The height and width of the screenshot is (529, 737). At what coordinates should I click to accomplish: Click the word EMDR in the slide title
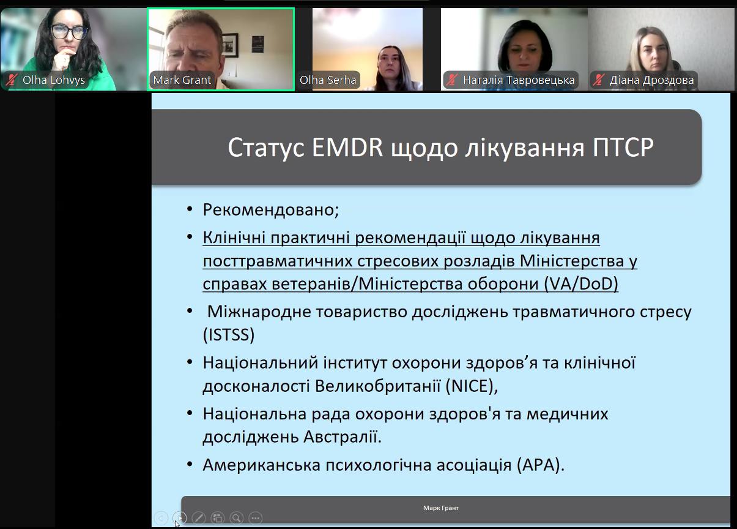coord(347,147)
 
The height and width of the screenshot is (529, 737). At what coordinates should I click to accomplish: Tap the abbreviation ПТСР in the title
coord(623,147)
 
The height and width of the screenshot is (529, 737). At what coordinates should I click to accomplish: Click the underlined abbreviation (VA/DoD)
coord(581,283)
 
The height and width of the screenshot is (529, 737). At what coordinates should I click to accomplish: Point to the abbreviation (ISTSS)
coord(229,335)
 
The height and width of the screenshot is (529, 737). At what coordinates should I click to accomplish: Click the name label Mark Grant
coord(182,80)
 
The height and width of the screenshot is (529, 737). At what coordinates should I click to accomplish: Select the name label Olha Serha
coord(328,80)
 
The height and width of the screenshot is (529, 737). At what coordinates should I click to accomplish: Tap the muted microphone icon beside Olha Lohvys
coord(12,80)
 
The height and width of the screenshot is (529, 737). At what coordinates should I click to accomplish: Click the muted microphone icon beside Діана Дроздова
coord(598,80)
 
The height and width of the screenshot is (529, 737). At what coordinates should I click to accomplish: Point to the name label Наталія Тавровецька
coord(519,80)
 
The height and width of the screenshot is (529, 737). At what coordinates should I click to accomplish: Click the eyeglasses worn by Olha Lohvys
coord(68,32)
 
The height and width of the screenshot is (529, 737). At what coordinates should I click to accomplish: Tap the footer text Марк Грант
coord(441,508)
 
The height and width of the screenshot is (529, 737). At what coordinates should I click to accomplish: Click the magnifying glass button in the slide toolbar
coord(236,518)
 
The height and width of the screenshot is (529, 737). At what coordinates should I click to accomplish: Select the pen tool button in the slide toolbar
coord(198,518)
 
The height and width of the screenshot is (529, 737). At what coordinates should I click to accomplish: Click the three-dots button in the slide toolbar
coord(255,518)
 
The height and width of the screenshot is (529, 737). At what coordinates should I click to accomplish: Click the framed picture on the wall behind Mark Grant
coord(230,45)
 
